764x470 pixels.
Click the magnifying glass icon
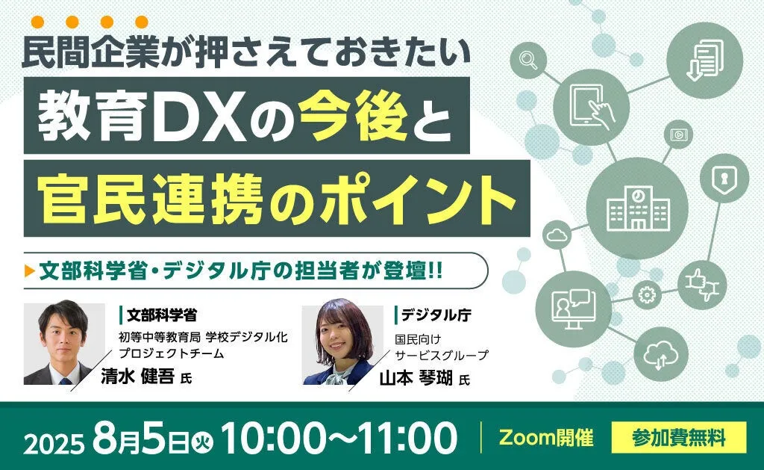tap(528, 61)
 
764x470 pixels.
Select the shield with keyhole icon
tap(724, 177)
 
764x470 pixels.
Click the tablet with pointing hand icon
tap(592, 106)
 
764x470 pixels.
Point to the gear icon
tap(647, 295)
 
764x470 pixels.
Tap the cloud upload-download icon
tap(660, 354)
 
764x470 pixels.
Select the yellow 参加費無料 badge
tap(679, 437)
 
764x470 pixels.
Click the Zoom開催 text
tap(545, 437)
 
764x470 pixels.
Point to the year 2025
tap(54, 444)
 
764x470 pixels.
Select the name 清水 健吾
tap(137, 376)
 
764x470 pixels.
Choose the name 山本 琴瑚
tap(416, 377)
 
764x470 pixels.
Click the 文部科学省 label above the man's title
tap(162, 315)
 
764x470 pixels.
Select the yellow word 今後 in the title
tap(354, 117)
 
